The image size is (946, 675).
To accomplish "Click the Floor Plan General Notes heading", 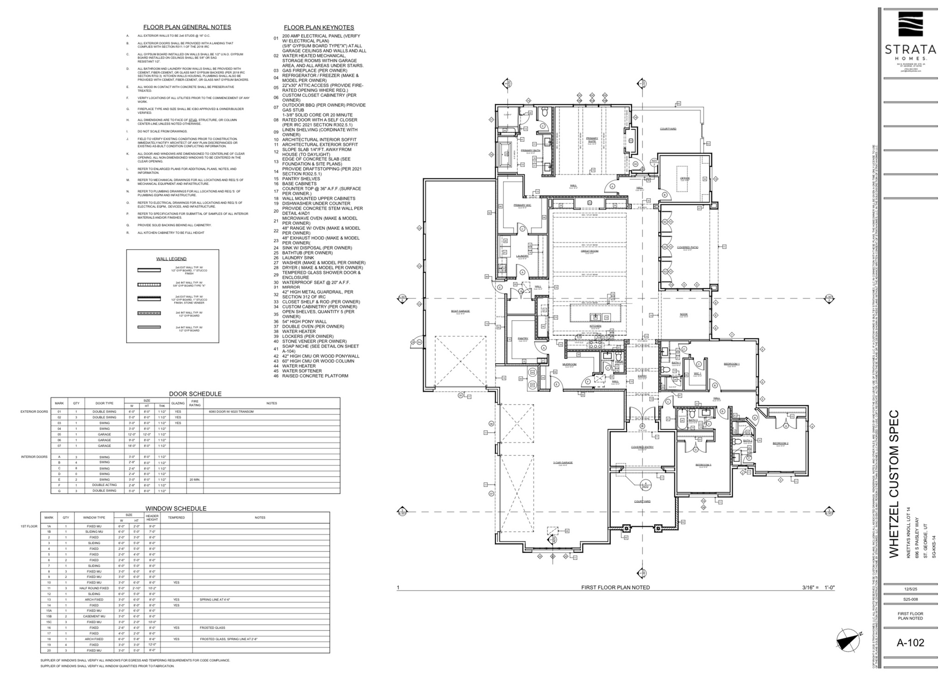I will click(187, 27).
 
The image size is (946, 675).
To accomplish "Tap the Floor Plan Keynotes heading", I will click(319, 28).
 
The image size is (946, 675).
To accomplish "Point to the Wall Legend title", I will click(171, 259).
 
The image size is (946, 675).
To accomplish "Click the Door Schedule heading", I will click(195, 394).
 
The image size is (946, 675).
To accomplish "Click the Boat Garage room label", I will click(460, 311).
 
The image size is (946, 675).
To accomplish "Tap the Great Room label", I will click(589, 251).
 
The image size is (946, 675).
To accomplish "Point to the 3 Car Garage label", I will click(563, 462).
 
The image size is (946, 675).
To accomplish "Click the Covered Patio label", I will click(687, 247).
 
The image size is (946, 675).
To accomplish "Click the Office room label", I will click(685, 178).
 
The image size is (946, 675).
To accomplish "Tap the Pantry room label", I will click(522, 339).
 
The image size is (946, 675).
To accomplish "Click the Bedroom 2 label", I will click(780, 443).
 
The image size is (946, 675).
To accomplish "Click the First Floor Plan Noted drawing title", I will click(615, 587).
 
